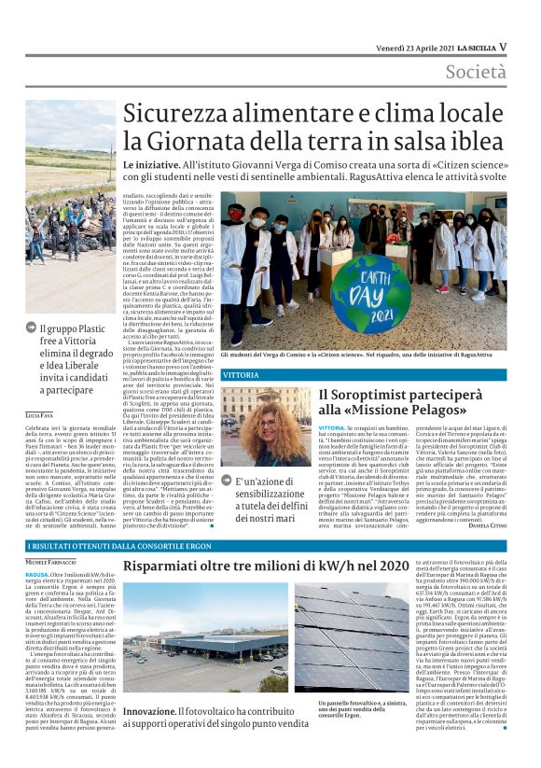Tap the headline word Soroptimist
(x=376, y=396)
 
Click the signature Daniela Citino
(x=485, y=525)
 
